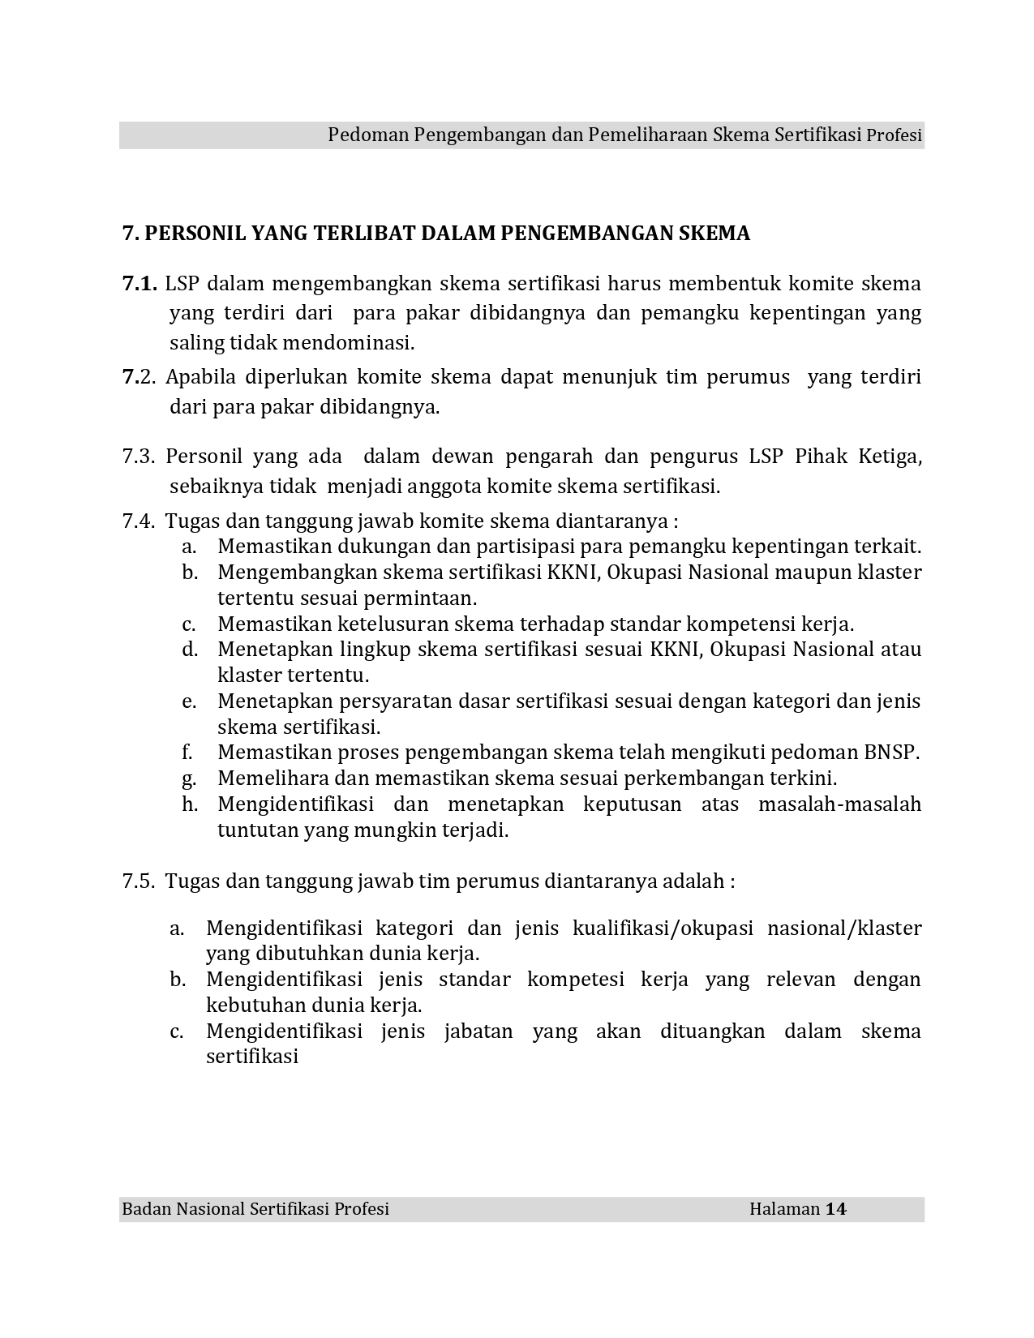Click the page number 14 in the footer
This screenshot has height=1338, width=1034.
[836, 1209]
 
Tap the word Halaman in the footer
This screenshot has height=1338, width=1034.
[784, 1209]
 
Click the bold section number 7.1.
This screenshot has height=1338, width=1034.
[139, 284]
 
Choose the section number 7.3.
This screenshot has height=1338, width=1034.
[139, 457]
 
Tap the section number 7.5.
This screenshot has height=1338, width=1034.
[139, 881]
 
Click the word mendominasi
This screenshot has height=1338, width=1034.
[349, 343]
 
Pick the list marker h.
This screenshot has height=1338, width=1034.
[190, 804]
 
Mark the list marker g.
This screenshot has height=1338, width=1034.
[190, 779]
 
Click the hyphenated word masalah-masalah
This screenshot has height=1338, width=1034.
[839, 804]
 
